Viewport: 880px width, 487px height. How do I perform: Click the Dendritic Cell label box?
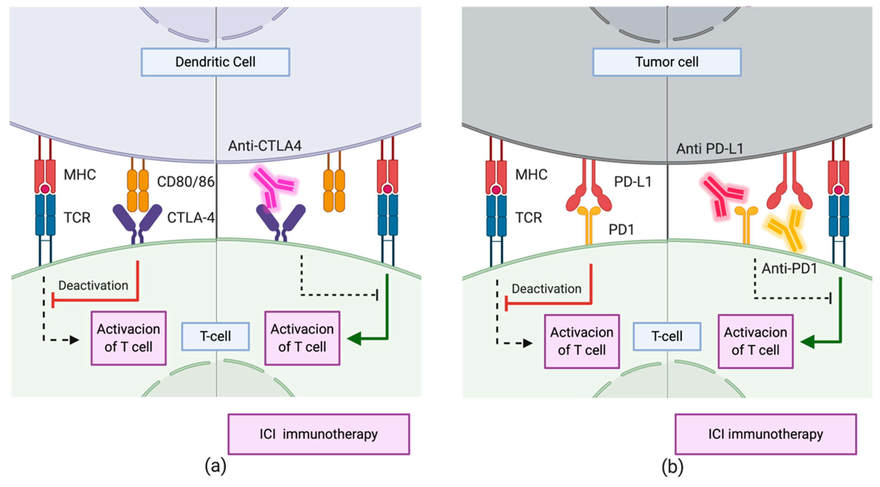coord(216,62)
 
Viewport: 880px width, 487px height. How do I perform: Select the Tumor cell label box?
coord(667,62)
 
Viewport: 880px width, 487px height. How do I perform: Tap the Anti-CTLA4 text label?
coord(265,146)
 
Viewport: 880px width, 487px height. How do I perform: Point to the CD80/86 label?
coord(186,182)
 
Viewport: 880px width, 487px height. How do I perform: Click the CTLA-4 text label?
coord(191,218)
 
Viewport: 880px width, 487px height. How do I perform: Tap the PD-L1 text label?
coord(633,182)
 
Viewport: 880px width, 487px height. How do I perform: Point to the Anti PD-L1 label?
coord(710,149)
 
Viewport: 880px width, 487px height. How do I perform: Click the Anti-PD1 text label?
coord(789,269)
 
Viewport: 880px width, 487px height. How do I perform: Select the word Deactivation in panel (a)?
coord(93,285)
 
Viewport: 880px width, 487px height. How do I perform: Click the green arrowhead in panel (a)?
coord(354,339)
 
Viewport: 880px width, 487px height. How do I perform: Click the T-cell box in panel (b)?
coord(667,336)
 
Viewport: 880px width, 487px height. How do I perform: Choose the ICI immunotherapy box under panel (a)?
coord(319,434)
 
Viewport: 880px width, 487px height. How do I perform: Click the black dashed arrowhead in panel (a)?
coord(75,340)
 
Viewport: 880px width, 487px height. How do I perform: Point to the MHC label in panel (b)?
coord(531,175)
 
